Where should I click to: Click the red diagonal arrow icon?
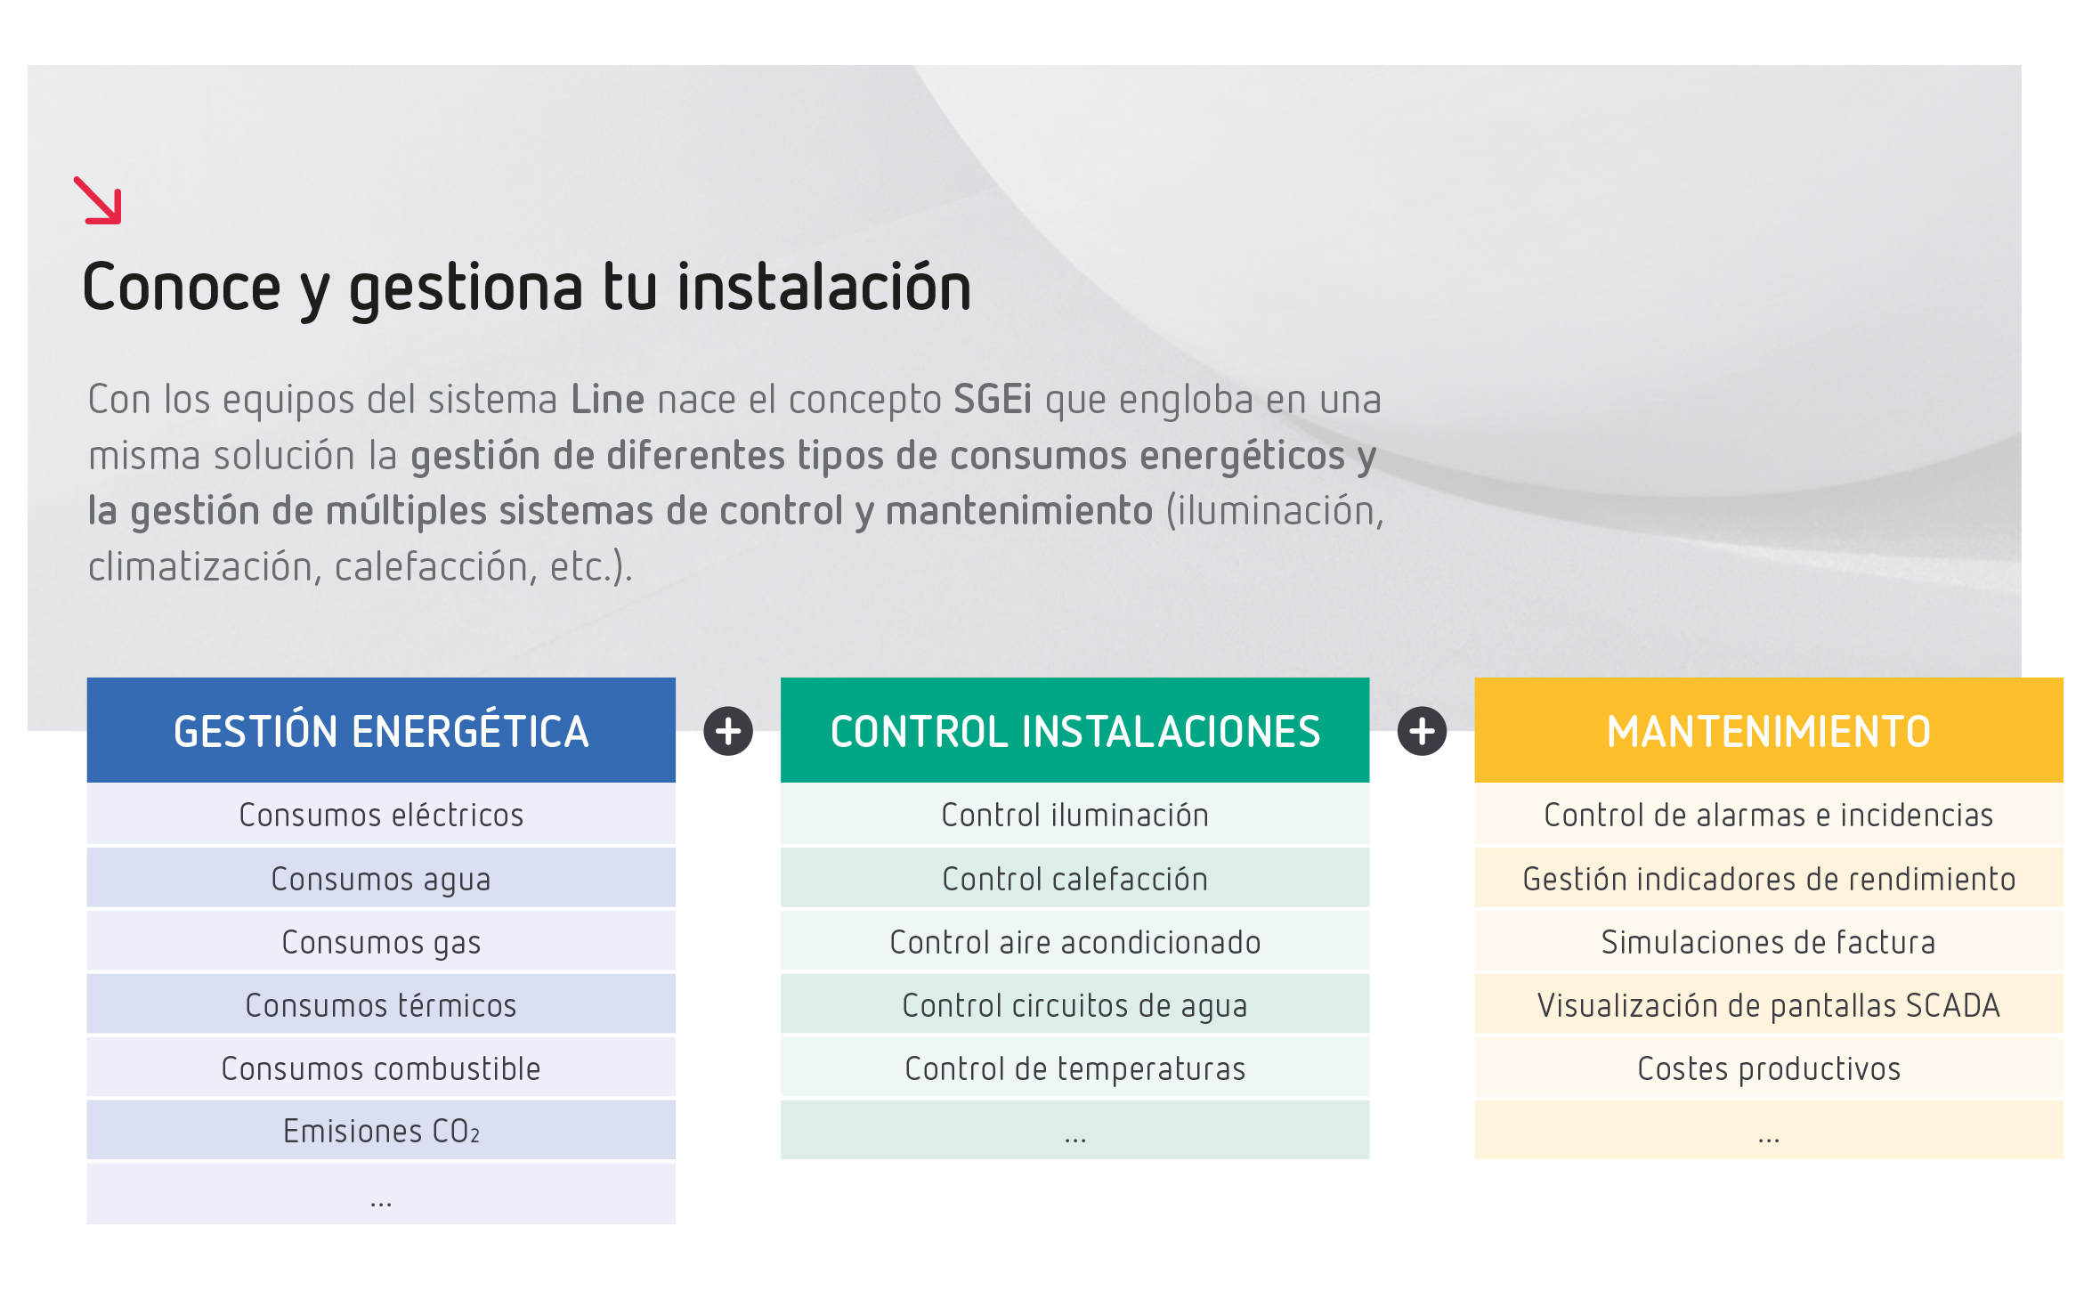pyautogui.click(x=98, y=200)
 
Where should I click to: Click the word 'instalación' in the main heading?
pyautogui.click(x=823, y=288)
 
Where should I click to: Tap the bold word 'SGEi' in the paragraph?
pyautogui.click(x=992, y=400)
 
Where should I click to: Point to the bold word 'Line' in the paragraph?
pyautogui.click(x=607, y=400)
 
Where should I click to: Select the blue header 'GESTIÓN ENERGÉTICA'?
pyautogui.click(x=381, y=731)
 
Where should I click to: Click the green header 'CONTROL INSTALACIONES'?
pyautogui.click(x=1074, y=731)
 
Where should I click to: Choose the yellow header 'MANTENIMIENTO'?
pyautogui.click(x=1768, y=731)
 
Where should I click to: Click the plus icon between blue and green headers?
pyautogui.click(x=728, y=731)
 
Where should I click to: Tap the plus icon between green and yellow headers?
pyautogui.click(x=1422, y=731)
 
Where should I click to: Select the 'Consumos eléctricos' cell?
pyautogui.click(x=381, y=815)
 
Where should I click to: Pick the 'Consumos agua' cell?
pyautogui.click(x=381, y=879)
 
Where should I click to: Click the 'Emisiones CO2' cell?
pyautogui.click(x=381, y=1131)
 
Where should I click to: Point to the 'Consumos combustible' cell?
pyautogui.click(x=381, y=1068)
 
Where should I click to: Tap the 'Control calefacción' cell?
pyautogui.click(x=1074, y=879)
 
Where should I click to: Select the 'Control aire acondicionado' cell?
pyautogui.click(x=1074, y=942)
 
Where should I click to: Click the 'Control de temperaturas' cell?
pyautogui.click(x=1074, y=1068)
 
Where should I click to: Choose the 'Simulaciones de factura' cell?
pyautogui.click(x=1768, y=942)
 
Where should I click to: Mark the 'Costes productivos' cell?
pyautogui.click(x=1768, y=1068)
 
